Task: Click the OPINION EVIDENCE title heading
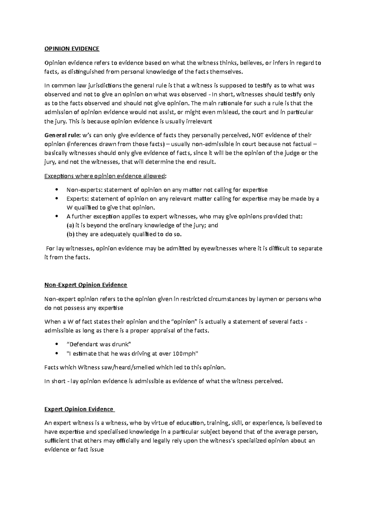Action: (x=72, y=49)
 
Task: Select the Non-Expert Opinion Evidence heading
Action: (x=86, y=285)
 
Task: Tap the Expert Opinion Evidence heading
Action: (x=79, y=409)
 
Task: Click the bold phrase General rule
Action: (x=61, y=135)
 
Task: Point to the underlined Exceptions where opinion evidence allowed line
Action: (x=106, y=176)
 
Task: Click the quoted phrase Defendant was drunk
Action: (x=98, y=344)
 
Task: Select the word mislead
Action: (x=228, y=112)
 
